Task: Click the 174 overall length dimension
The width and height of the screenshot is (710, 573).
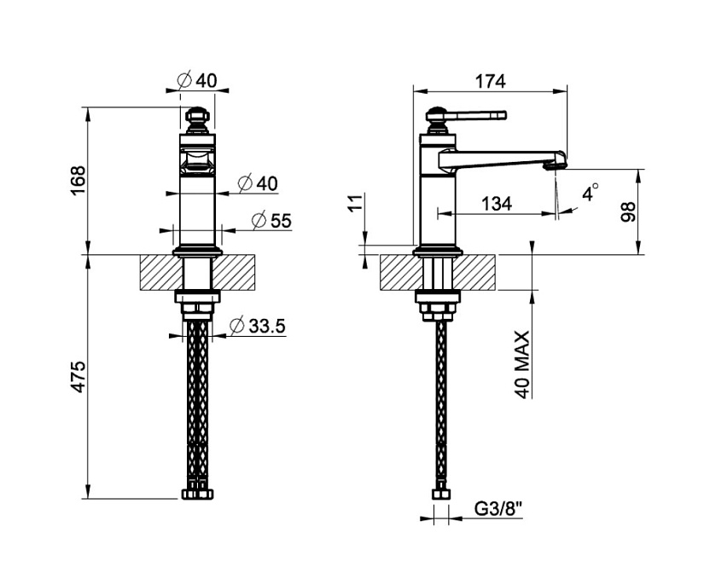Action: click(490, 82)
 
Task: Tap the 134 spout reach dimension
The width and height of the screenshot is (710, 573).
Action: click(497, 204)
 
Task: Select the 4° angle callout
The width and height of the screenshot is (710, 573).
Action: click(591, 193)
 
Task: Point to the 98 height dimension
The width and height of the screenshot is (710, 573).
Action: click(628, 211)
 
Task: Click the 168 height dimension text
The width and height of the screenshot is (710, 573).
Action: click(79, 181)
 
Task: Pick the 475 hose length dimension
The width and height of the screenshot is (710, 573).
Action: click(79, 377)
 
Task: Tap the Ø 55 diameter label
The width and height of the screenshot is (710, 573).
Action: click(271, 221)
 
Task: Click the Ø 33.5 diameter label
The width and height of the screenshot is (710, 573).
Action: click(258, 326)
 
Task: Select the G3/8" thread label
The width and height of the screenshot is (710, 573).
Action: click(498, 510)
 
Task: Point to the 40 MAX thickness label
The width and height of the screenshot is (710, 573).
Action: click(522, 365)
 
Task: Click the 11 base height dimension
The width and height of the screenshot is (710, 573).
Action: click(357, 202)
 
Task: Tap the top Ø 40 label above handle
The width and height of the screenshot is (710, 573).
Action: click(197, 80)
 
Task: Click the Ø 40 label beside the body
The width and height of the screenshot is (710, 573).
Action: click(258, 183)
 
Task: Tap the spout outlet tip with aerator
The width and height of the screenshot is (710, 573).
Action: click(556, 163)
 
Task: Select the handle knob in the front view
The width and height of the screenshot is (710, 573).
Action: click(197, 119)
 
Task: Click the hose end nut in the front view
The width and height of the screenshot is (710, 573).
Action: click(197, 494)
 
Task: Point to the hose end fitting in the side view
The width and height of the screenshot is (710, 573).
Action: click(441, 495)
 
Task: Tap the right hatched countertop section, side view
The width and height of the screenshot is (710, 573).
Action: click(475, 273)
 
